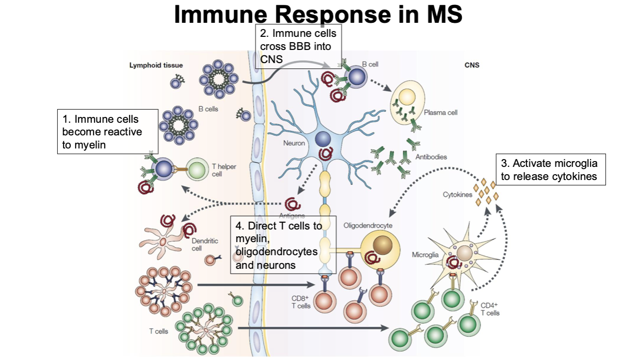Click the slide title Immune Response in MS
[318, 15]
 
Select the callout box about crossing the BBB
[298, 47]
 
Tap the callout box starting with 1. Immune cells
[108, 131]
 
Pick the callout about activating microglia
[552, 170]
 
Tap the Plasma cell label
[441, 113]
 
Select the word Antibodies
[431, 157]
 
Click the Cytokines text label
[457, 195]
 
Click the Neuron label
[294, 144]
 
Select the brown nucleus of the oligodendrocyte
[383, 243]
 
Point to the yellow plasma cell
[407, 101]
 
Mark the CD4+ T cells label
[490, 309]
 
